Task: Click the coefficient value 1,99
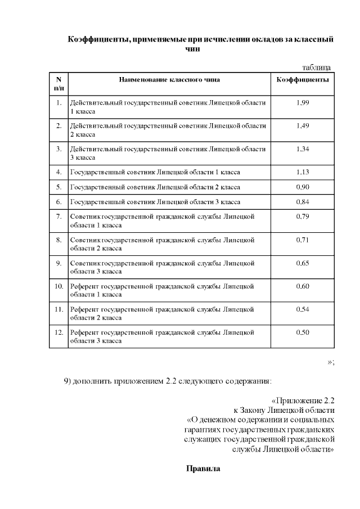pyautogui.click(x=303, y=103)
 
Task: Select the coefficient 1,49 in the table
pyautogui.click(x=303, y=125)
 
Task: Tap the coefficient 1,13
pyautogui.click(x=303, y=172)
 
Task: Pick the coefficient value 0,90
pyautogui.click(x=303, y=186)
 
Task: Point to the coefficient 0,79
pyautogui.click(x=303, y=216)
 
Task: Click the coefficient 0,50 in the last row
pyautogui.click(x=303, y=332)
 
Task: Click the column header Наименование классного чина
pyautogui.click(x=169, y=79)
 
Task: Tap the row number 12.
pyautogui.click(x=58, y=332)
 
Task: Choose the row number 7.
pyautogui.click(x=58, y=216)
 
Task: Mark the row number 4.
pyautogui.click(x=58, y=172)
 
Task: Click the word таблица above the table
pyautogui.click(x=316, y=67)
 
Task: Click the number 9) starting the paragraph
pyautogui.click(x=67, y=381)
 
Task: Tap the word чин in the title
pyautogui.click(x=193, y=49)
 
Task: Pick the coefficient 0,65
pyautogui.click(x=303, y=263)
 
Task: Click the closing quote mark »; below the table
pyautogui.click(x=331, y=361)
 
